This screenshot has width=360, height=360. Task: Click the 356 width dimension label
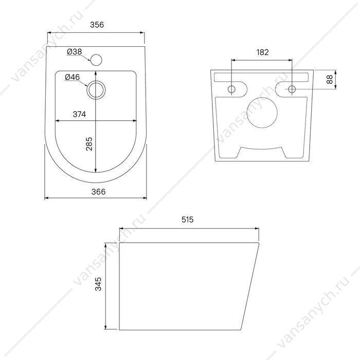(97, 25)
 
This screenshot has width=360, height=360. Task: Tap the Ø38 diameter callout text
(75, 51)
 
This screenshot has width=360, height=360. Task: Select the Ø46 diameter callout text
(73, 77)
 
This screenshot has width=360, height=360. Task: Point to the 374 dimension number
(79, 114)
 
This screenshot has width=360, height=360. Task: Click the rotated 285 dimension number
(89, 143)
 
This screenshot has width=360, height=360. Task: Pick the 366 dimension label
(99, 192)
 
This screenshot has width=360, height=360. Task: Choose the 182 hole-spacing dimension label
(262, 52)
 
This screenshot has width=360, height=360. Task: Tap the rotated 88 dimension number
(330, 79)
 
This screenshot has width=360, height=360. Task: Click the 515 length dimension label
(188, 220)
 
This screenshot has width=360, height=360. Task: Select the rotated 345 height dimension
(98, 284)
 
